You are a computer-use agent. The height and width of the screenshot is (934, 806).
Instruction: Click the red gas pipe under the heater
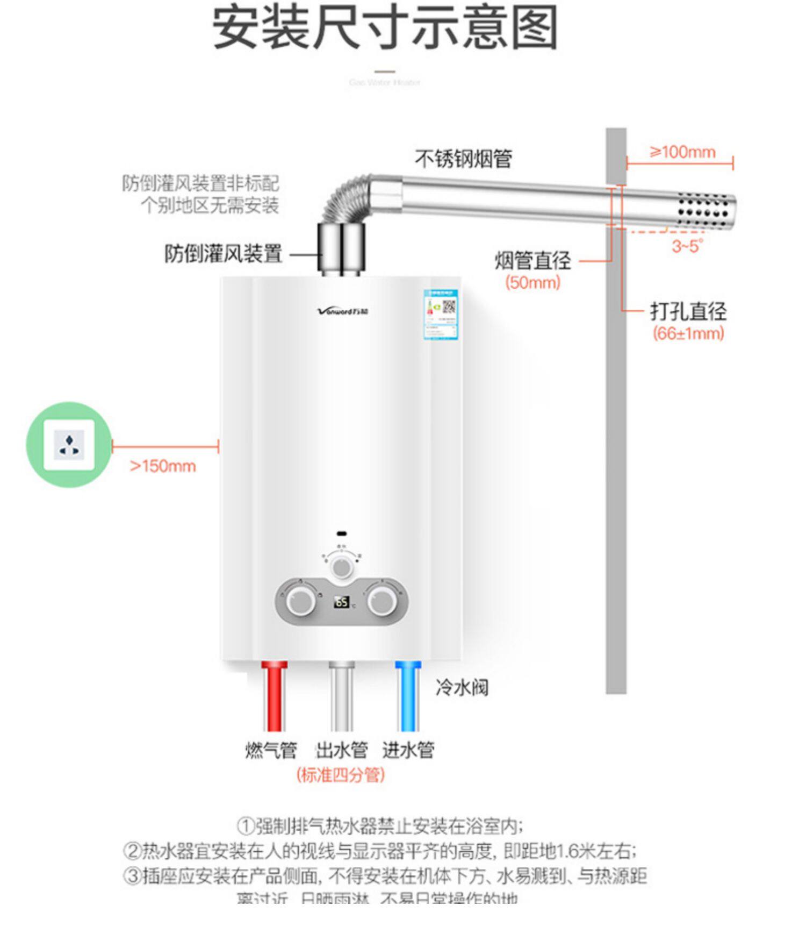coord(274,696)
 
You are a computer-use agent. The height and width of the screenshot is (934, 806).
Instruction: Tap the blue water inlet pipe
coord(407,696)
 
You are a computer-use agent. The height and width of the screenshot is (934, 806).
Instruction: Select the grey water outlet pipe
coord(342,696)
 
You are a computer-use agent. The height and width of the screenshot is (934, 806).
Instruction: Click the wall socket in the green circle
coord(69,445)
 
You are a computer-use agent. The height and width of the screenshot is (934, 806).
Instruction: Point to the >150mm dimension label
coord(163,466)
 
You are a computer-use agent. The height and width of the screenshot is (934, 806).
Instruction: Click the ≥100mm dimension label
coord(682,152)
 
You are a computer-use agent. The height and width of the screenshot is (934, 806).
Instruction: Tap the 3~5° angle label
coord(687,246)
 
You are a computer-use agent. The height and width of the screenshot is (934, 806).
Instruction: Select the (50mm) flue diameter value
coord(532,282)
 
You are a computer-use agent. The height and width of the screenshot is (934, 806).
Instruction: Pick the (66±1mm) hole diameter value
coord(688,333)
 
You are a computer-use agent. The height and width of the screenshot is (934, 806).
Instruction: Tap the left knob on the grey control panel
coord(300,601)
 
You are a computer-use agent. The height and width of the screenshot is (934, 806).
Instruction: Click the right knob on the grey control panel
coord(382,601)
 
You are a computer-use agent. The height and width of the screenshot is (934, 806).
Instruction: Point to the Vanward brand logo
coord(343,311)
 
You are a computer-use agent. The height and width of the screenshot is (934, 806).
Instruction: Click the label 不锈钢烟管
coord(463,159)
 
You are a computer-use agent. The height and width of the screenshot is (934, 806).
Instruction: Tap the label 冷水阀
coord(462,687)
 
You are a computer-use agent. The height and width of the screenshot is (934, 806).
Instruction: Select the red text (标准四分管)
coord(341,775)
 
